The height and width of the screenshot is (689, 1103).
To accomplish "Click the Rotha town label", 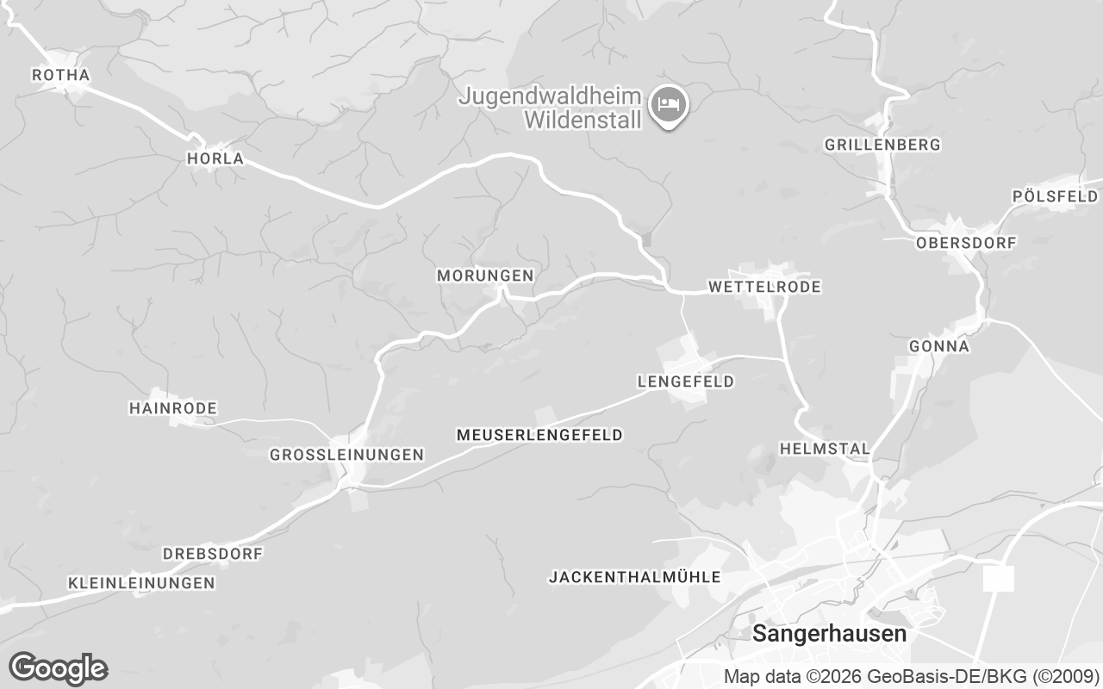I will (x=60, y=76).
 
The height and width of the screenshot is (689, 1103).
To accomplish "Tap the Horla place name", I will (x=215, y=158).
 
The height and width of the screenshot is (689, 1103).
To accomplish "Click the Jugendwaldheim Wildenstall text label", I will (x=551, y=108).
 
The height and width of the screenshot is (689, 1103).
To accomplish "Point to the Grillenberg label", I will (x=882, y=145).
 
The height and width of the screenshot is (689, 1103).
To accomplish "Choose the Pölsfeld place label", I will (x=1055, y=196).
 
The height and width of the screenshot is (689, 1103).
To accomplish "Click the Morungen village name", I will (x=485, y=276).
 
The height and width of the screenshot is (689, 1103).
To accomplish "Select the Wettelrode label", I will (x=764, y=286).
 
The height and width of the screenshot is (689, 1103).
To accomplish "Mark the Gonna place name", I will (x=939, y=346).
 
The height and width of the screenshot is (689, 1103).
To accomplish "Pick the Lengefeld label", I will (x=685, y=381).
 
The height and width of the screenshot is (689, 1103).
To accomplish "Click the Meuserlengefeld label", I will (x=539, y=435).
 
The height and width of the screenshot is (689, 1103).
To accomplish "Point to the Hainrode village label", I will (x=172, y=407).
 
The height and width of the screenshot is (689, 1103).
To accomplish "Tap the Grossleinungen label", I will (x=346, y=454).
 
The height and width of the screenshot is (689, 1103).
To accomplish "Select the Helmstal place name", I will (x=825, y=449).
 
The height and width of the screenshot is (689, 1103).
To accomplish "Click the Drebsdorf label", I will (x=212, y=553).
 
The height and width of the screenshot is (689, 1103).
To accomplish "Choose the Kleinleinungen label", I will (x=141, y=583).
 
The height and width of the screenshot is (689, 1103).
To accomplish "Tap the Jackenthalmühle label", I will (x=634, y=577).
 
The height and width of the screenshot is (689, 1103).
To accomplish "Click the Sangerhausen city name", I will (x=830, y=634).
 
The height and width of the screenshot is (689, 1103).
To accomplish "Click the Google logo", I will (x=59, y=668).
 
